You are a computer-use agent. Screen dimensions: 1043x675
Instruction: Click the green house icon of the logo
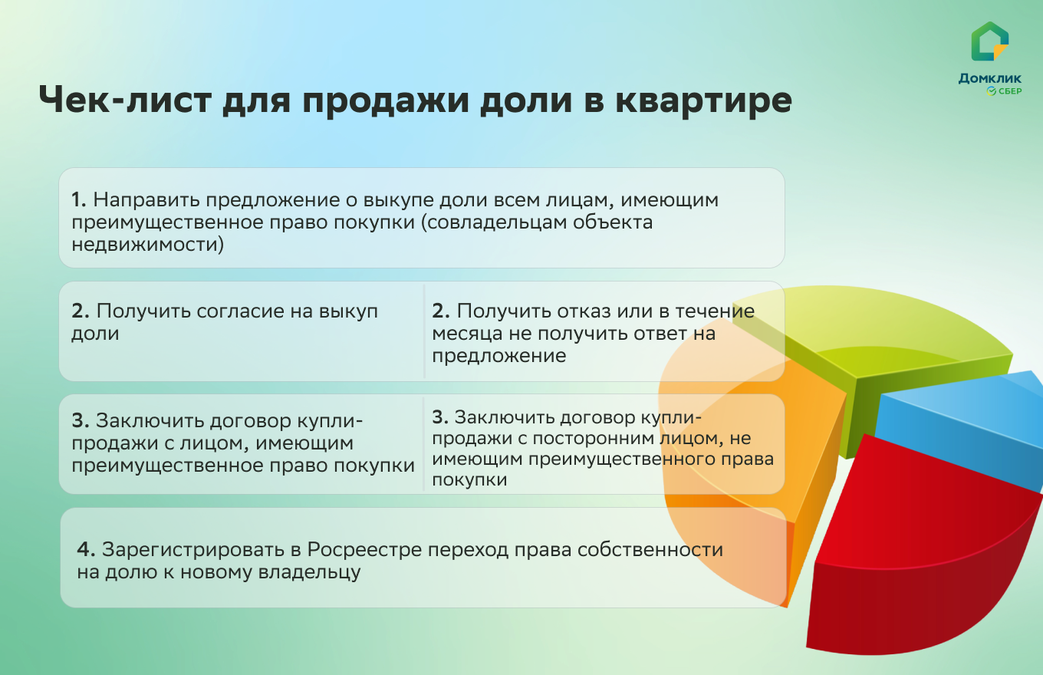point(989,41)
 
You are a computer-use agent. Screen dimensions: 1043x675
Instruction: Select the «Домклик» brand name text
point(989,78)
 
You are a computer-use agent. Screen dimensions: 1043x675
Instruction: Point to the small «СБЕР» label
point(1009,91)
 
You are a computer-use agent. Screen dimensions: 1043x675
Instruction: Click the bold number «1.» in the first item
point(79,200)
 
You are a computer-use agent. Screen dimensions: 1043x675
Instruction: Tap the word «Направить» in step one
point(146,201)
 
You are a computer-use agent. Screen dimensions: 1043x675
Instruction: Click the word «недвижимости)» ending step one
point(147,245)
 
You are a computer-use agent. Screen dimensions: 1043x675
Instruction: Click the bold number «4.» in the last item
point(86,550)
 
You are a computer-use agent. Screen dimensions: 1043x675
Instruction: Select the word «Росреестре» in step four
point(364,550)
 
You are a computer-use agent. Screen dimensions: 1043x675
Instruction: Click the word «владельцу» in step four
point(309,572)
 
